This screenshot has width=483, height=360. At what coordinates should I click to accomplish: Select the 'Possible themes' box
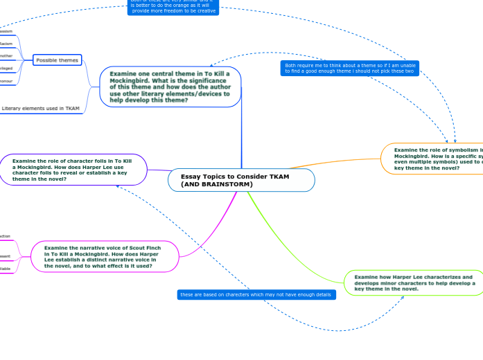(57, 60)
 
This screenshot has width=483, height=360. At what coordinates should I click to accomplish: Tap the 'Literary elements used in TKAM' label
(41, 108)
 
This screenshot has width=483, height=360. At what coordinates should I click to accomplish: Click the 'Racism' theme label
(6, 44)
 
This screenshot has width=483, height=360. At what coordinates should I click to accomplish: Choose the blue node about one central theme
(170, 87)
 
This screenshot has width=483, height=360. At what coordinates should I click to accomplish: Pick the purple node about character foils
(73, 169)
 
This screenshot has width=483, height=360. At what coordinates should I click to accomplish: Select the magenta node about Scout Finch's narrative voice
(104, 256)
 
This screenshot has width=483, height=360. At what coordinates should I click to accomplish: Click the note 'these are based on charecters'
(256, 295)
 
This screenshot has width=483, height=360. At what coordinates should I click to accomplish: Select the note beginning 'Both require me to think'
(349, 68)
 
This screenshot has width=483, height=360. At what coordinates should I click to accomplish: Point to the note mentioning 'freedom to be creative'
(173, 8)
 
